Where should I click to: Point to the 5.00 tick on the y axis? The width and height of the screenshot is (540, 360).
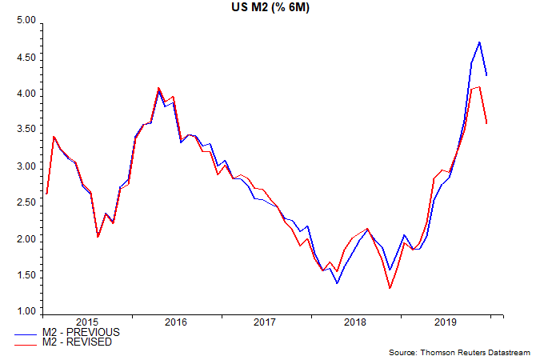(x=27, y=22)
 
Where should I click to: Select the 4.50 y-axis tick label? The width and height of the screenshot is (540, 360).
(x=27, y=58)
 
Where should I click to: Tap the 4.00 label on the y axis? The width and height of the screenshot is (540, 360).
(x=27, y=94)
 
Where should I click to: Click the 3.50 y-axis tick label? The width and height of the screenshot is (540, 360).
(x=27, y=130)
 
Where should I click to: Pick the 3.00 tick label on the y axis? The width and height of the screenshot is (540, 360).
(x=27, y=166)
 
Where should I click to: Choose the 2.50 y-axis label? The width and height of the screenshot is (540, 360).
(x=27, y=202)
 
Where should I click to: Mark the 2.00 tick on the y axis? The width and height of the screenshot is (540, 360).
(x=27, y=239)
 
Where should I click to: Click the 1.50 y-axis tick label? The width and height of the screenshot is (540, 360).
(x=27, y=275)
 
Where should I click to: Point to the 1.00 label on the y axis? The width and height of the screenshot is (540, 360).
(x=27, y=311)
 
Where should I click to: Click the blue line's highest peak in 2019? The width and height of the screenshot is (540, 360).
(x=479, y=42)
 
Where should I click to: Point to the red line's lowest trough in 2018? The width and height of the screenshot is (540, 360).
(x=390, y=288)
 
